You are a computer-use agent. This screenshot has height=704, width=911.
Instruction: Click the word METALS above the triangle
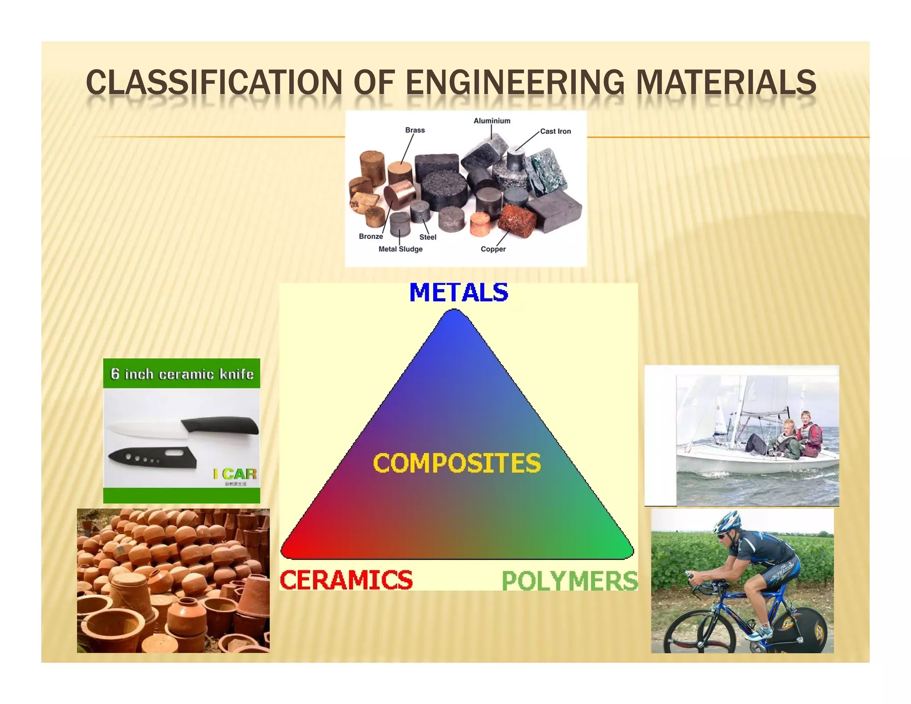tap(458, 293)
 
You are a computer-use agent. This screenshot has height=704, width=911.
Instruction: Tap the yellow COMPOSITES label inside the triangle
tap(457, 463)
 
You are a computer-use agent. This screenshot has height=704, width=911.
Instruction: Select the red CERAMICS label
tap(346, 580)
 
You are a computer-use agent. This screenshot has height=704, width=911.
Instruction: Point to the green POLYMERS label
tap(570, 581)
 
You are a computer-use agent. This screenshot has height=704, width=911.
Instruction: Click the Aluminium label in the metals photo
tap(492, 121)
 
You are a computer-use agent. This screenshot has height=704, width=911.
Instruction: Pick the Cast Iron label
tap(555, 131)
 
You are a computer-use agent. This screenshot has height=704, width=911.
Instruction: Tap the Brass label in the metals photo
tap(415, 130)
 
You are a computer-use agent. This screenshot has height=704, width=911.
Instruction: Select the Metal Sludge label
tap(400, 249)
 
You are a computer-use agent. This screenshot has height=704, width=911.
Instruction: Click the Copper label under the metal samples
tap(493, 249)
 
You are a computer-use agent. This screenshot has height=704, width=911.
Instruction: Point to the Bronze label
tap(371, 236)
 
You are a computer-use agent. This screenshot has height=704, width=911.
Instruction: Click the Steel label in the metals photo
tap(427, 237)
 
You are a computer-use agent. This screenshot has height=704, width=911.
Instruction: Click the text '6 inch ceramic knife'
tap(181, 374)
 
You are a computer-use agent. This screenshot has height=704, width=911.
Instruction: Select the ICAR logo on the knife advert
tap(235, 474)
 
